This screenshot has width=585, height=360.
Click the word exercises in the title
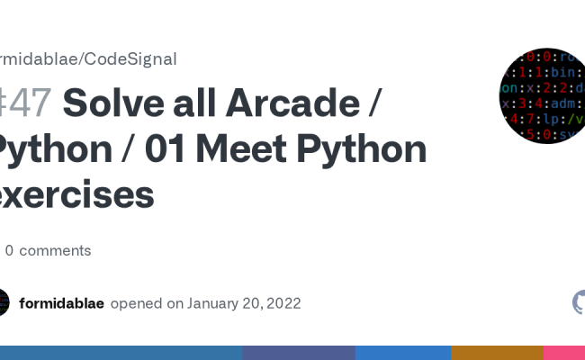[76, 193]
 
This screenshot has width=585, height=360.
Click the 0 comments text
[54, 250]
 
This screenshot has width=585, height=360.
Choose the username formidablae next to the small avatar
[61, 303]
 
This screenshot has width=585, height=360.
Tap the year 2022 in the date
[283, 303]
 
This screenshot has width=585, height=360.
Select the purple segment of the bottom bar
[299, 353]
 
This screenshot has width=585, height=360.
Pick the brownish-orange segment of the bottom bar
[497, 353]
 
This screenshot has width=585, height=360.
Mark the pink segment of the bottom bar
[564, 353]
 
